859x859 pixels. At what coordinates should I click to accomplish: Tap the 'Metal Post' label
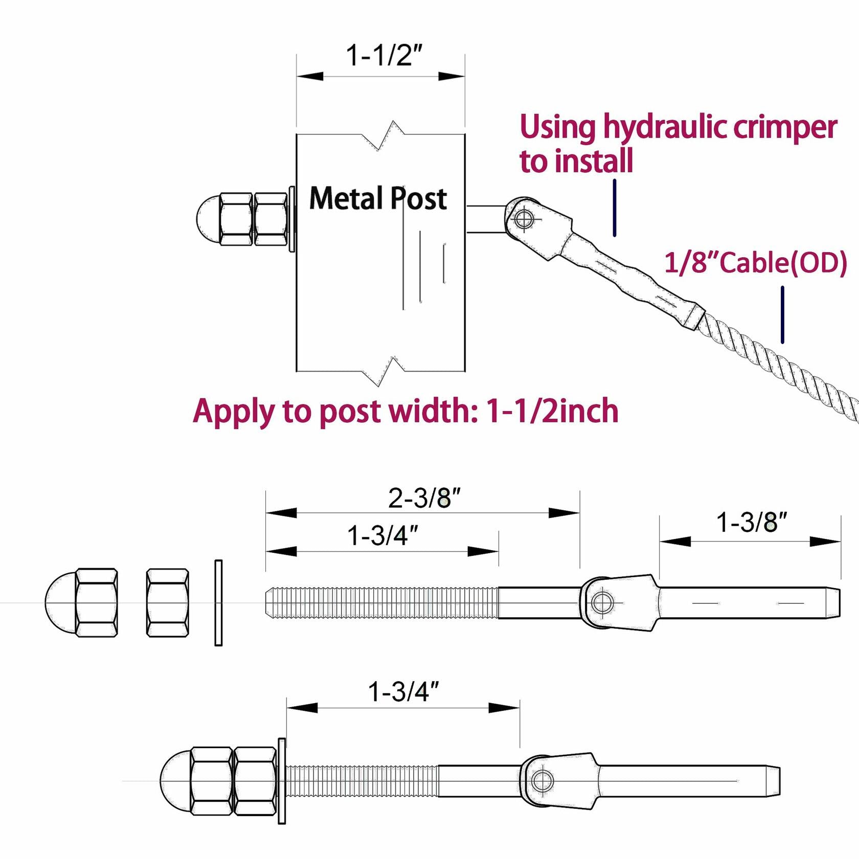(x=378, y=198)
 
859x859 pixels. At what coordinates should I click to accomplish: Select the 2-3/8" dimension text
(x=424, y=498)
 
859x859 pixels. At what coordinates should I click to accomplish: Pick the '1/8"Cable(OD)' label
(x=755, y=263)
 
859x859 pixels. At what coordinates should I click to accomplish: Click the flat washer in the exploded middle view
(x=218, y=603)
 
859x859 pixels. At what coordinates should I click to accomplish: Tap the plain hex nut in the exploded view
(x=167, y=603)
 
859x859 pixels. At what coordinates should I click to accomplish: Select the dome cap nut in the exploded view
(x=82, y=603)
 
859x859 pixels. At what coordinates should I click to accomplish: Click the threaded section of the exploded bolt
(x=381, y=603)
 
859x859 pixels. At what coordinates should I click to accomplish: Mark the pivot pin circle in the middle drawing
(x=602, y=602)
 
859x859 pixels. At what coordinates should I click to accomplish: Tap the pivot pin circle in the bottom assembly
(x=541, y=781)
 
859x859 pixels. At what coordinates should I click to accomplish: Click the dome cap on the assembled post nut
(x=207, y=219)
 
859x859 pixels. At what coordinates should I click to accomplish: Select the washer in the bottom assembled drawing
(x=282, y=781)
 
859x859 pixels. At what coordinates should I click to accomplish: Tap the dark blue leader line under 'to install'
(x=615, y=208)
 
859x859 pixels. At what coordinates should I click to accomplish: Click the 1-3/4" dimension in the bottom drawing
(x=403, y=692)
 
